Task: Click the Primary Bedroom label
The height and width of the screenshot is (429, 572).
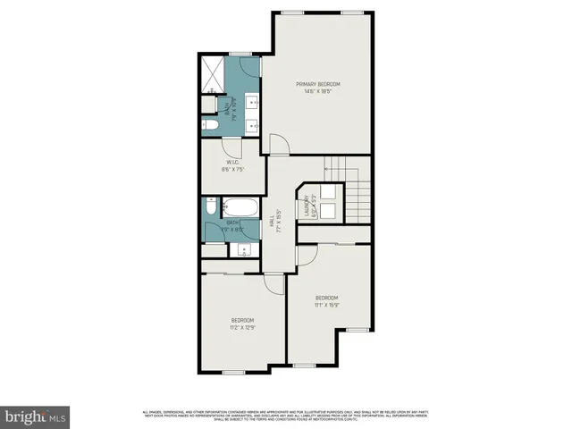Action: [318, 84]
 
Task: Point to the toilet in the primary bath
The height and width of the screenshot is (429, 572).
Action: [208, 105]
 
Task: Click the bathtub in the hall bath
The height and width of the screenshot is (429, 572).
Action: [240, 207]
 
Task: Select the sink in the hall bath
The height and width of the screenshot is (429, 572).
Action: [240, 250]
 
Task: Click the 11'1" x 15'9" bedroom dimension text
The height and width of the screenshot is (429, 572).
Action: [326, 305]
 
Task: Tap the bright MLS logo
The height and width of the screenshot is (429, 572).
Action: [36, 416]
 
